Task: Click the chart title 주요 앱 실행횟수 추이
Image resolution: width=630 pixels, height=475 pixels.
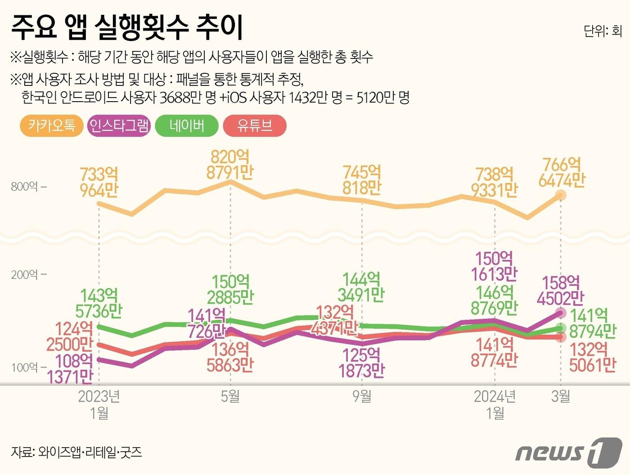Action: pyautogui.click(x=127, y=27)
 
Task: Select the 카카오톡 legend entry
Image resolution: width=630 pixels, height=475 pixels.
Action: pyautogui.click(x=52, y=125)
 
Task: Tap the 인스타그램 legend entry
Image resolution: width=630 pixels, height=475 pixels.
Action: pyautogui.click(x=119, y=125)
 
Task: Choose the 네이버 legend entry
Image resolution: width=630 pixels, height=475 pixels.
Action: pyautogui.click(x=187, y=125)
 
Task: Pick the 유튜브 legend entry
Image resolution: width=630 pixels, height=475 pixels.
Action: pyautogui.click(x=255, y=125)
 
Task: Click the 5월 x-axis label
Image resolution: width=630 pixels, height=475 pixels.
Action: pyautogui.click(x=230, y=396)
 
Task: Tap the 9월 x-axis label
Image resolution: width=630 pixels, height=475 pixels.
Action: pyautogui.click(x=362, y=396)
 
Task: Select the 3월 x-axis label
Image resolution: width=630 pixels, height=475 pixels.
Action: pyautogui.click(x=561, y=396)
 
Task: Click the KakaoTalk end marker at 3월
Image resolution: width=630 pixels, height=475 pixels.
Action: pyautogui.click(x=561, y=195)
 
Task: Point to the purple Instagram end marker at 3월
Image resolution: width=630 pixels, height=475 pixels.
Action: pyautogui.click(x=561, y=313)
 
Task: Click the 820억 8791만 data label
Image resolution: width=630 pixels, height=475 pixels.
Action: pyautogui.click(x=230, y=165)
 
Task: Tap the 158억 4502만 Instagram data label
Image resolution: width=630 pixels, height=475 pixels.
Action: pyautogui.click(x=561, y=290)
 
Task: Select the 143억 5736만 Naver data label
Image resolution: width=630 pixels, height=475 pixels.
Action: pyautogui.click(x=99, y=303)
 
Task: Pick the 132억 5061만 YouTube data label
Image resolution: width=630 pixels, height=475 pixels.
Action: pyautogui.click(x=592, y=357)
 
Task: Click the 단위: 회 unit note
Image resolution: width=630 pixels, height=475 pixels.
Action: pyautogui.click(x=603, y=31)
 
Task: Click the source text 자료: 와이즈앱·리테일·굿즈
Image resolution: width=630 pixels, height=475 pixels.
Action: pyautogui.click(x=76, y=452)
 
